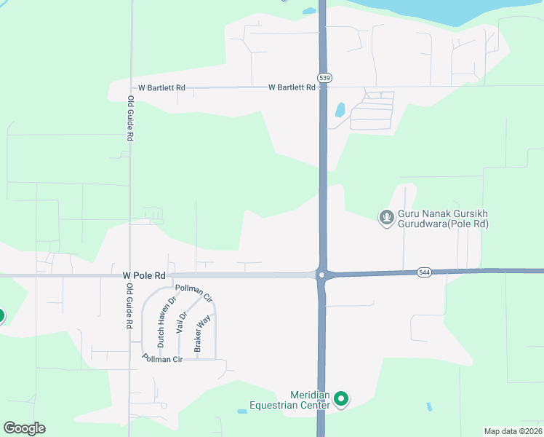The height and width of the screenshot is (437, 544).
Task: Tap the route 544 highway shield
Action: point(424,272)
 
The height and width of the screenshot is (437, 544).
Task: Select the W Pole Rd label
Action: point(145,276)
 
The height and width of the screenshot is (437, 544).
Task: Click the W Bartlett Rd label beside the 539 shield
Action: point(292,87)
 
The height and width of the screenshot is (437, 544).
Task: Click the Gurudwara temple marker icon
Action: point(386,216)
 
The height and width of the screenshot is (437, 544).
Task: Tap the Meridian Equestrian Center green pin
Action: point(340,398)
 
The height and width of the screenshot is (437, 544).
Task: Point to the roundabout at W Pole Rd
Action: point(321,275)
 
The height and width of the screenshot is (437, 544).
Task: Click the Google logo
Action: point(24,428)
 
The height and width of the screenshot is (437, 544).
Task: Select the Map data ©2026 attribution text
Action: point(513,430)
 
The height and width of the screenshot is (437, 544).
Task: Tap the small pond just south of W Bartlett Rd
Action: point(340,111)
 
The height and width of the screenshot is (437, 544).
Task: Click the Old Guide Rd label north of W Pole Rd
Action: point(130,118)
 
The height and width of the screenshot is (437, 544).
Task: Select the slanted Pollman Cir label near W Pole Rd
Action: point(198,293)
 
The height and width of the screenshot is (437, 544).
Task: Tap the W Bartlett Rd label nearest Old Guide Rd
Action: point(161,87)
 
